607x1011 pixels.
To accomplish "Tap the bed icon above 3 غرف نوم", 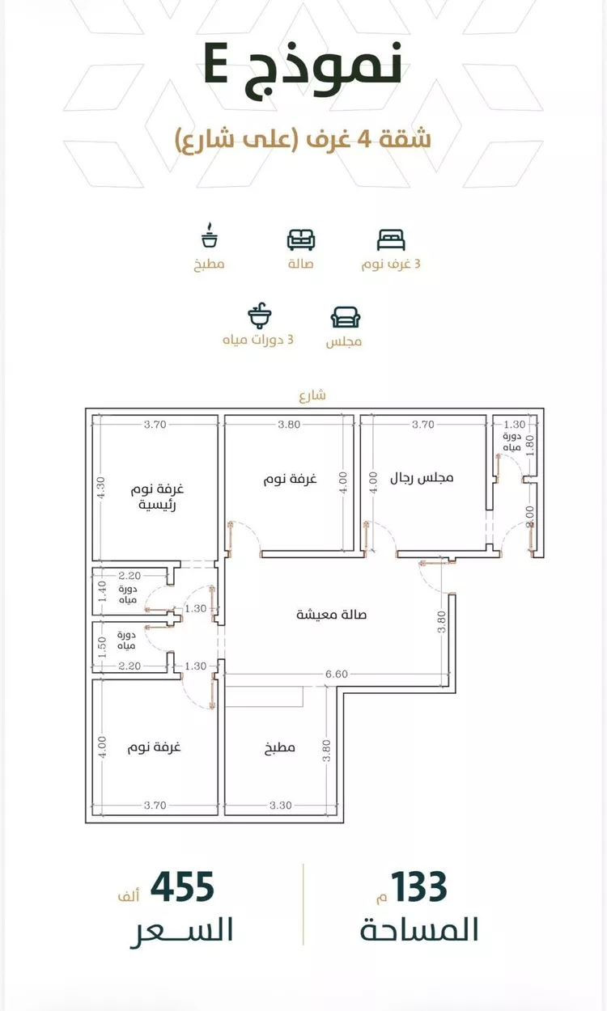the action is pos(391,239).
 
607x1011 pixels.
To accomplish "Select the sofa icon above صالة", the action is pos(301,239).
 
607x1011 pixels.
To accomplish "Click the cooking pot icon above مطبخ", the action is pos(209,235).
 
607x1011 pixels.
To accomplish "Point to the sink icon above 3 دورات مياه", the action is pos(259,315).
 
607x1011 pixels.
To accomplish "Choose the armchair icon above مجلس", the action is pos(346,317).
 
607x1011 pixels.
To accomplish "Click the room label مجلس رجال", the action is pos(422,477).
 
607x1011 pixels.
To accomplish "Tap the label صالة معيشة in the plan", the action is pos(332,614).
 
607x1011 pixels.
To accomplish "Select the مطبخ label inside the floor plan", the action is pos(280,747).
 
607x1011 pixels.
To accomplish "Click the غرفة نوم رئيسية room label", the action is pos(157,497).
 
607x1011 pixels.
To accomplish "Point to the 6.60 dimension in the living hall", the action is pos(337,674).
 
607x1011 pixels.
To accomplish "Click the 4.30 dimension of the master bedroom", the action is pos(100,488).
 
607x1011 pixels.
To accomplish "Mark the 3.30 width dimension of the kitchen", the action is pos(281,806).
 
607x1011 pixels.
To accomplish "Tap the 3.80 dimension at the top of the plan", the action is pos(289,425).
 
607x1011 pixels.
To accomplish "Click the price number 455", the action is pos(182,887).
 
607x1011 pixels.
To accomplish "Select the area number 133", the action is pos(418,887).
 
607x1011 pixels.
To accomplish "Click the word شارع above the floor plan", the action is pos(312,396).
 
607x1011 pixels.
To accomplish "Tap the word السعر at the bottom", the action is pos(181,931).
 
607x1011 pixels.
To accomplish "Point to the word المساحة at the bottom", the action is pos(419,930).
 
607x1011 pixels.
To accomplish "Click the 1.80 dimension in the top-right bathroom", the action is pos(530,445).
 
